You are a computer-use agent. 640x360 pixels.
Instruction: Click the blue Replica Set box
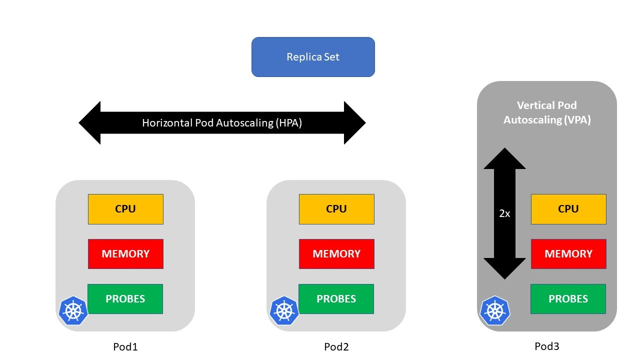click(x=313, y=57)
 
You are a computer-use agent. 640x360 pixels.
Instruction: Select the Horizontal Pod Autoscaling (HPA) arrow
click(x=222, y=123)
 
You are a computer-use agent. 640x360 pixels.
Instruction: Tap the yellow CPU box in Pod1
click(x=125, y=209)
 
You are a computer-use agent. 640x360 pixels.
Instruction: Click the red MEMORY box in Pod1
click(x=125, y=254)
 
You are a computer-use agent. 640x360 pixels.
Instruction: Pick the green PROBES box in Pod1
click(x=125, y=299)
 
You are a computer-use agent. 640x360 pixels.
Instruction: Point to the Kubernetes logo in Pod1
click(x=73, y=310)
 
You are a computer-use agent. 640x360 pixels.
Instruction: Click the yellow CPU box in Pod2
click(x=336, y=209)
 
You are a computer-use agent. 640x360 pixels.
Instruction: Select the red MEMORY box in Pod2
click(x=336, y=254)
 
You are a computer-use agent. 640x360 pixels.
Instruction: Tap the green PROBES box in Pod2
click(x=336, y=299)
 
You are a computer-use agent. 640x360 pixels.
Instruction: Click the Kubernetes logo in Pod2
click(x=284, y=310)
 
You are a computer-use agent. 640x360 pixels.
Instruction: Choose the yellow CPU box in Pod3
click(x=568, y=209)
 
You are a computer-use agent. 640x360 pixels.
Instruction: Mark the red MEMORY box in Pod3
click(x=568, y=254)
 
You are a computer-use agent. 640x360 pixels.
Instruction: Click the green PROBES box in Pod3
click(x=568, y=299)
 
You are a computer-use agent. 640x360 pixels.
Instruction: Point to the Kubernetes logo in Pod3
click(x=495, y=310)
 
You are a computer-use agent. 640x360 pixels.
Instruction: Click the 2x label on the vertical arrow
click(x=504, y=213)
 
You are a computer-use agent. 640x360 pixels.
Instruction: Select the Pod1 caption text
click(x=125, y=346)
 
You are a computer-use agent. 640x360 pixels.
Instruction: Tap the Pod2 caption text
click(x=336, y=346)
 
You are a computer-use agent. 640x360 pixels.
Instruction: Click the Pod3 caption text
click(x=546, y=346)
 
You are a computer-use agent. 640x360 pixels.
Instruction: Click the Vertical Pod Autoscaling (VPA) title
click(x=547, y=112)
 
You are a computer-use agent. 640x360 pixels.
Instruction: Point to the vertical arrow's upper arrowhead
click(x=504, y=159)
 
